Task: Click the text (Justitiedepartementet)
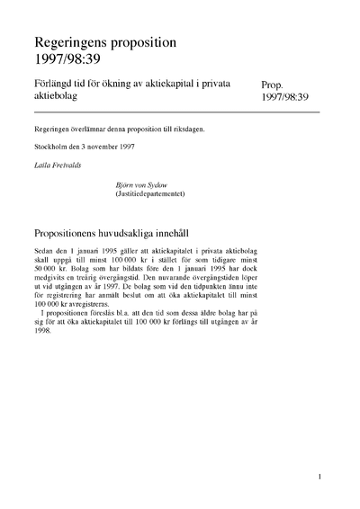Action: [151, 193]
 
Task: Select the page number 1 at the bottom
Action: [319, 477]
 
